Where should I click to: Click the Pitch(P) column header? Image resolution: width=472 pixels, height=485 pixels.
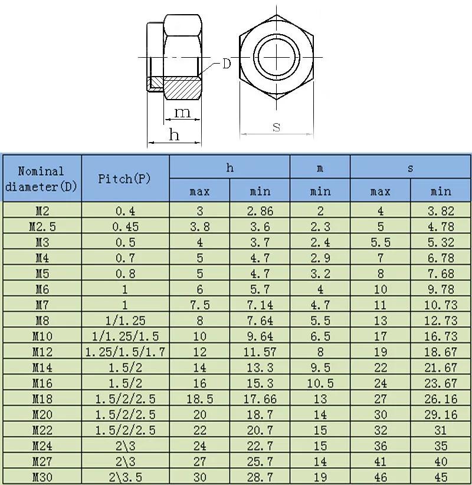(x=125, y=179)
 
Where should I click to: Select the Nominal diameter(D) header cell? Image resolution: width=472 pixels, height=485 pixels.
(x=41, y=179)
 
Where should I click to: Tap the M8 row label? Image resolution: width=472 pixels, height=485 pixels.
(x=41, y=321)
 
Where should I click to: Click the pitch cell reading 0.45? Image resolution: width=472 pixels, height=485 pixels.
(x=125, y=226)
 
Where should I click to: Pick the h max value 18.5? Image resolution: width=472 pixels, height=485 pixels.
(x=199, y=399)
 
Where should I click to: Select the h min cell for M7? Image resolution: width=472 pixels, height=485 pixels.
(x=260, y=305)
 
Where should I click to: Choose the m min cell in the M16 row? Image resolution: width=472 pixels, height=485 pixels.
(x=320, y=383)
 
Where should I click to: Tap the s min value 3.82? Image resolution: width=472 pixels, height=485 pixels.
(x=440, y=210)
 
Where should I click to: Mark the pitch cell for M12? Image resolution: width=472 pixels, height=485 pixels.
(x=125, y=352)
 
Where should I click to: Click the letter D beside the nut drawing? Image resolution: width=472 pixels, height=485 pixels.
(x=227, y=64)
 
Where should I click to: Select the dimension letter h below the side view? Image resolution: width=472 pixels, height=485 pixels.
(x=174, y=135)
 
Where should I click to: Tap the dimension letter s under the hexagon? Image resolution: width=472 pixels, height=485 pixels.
(x=276, y=126)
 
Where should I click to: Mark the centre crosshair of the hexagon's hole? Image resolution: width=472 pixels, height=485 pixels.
(x=276, y=57)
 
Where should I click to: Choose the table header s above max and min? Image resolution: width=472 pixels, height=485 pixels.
(x=410, y=168)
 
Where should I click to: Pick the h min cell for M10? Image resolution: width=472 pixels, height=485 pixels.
(x=260, y=336)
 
